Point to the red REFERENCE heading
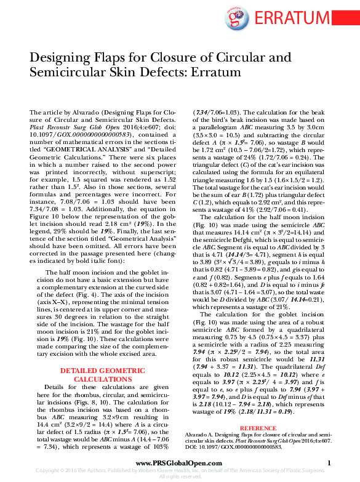(258, 427)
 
